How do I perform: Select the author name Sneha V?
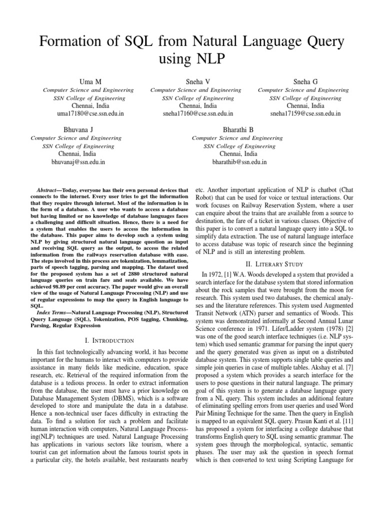[x=196, y=81]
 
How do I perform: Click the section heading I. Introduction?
[x=109, y=340]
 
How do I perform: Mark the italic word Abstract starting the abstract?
[x=49, y=191]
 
